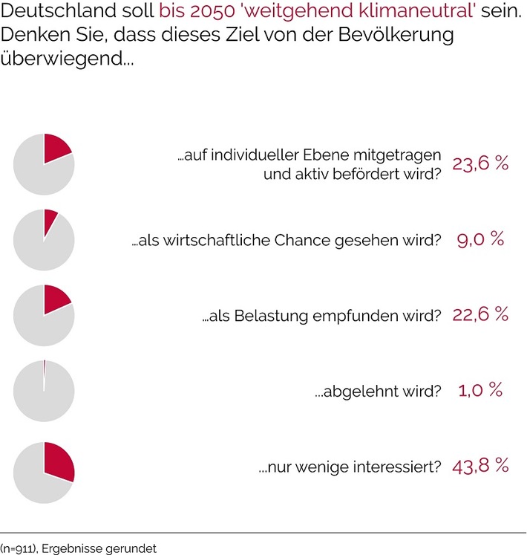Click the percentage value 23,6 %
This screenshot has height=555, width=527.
click(x=480, y=164)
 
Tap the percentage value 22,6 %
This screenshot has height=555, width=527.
click(x=480, y=314)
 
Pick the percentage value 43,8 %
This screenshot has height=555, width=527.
click(x=480, y=466)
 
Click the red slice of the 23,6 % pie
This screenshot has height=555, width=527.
click(x=56, y=149)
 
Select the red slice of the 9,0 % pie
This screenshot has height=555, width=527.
click(x=50, y=221)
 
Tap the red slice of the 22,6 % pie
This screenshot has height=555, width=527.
click(x=56, y=300)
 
